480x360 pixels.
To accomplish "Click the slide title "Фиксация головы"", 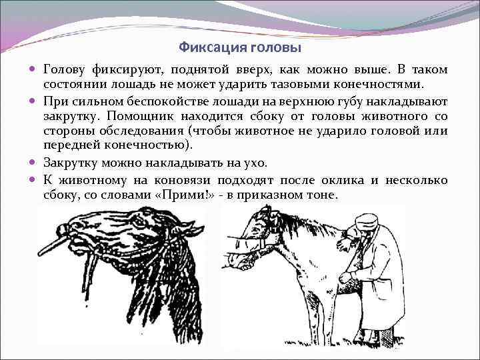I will tap(240, 48).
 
